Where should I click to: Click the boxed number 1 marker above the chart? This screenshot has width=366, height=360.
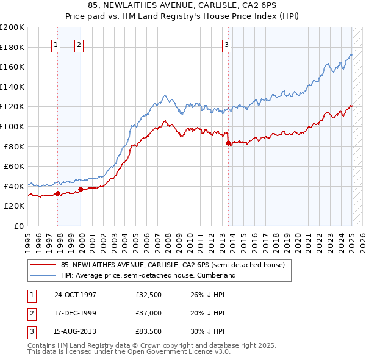click(x=56, y=44)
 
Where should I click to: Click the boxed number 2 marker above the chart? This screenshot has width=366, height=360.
click(x=79, y=44)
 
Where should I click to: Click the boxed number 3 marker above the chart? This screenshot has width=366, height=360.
click(x=226, y=44)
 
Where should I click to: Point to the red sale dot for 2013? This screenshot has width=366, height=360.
click(x=228, y=143)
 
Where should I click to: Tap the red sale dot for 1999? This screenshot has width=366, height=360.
click(x=81, y=189)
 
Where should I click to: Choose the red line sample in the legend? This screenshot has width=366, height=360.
click(x=42, y=265)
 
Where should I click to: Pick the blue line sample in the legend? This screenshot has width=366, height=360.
click(x=42, y=275)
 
